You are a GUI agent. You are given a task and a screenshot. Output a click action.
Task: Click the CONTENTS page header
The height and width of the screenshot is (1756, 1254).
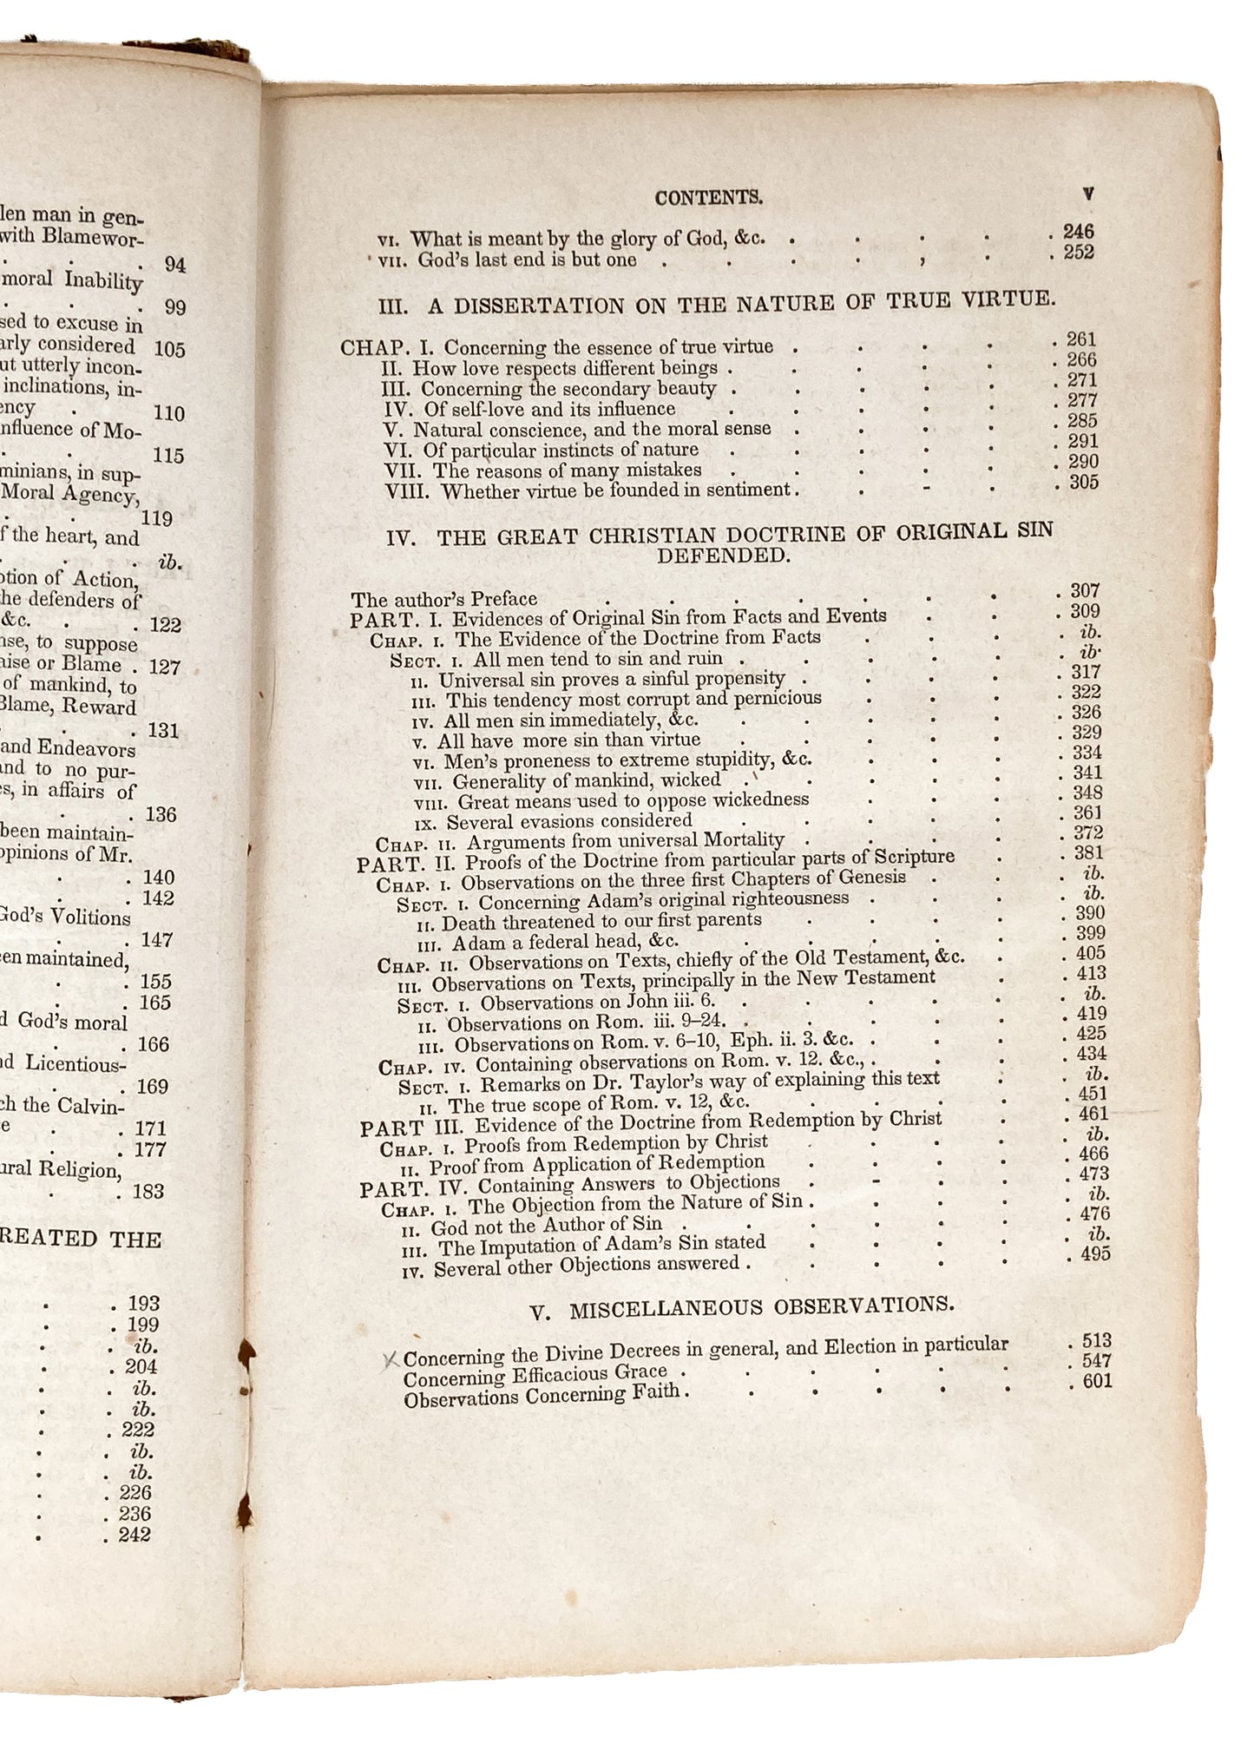[x=709, y=198]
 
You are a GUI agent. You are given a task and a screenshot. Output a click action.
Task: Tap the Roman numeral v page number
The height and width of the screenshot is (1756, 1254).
[x=1088, y=194]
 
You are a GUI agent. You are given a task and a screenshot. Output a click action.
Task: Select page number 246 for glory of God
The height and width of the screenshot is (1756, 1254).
[x=1079, y=231]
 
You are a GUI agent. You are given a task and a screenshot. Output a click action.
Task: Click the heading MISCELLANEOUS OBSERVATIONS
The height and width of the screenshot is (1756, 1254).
[x=742, y=1307]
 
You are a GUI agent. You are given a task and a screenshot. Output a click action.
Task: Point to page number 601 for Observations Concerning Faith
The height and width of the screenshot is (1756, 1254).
[x=1097, y=1381]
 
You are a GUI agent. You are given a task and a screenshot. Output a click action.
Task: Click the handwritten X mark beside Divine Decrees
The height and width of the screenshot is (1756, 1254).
[x=391, y=1358]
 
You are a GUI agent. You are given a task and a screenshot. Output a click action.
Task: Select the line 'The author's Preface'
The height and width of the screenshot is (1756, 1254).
[x=444, y=599]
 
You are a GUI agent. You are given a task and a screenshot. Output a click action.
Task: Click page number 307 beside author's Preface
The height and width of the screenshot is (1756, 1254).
[x=1084, y=591]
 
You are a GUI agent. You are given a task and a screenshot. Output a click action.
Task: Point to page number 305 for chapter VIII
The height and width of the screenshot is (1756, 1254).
[x=1084, y=483]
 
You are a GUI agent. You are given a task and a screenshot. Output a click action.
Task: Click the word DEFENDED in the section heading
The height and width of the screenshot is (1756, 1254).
[x=723, y=556]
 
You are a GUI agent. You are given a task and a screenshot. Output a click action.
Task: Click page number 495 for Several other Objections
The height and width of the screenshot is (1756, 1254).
[x=1094, y=1254]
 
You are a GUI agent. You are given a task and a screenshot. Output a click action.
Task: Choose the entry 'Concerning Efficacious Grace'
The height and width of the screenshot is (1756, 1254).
[x=535, y=1374]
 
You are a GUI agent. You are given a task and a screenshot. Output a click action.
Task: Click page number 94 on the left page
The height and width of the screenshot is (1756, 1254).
[x=175, y=265]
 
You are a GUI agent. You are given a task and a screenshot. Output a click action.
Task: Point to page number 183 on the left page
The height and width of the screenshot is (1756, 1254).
[x=148, y=1192]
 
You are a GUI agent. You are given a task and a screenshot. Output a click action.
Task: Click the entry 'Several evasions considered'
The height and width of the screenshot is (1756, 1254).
[x=569, y=820]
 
